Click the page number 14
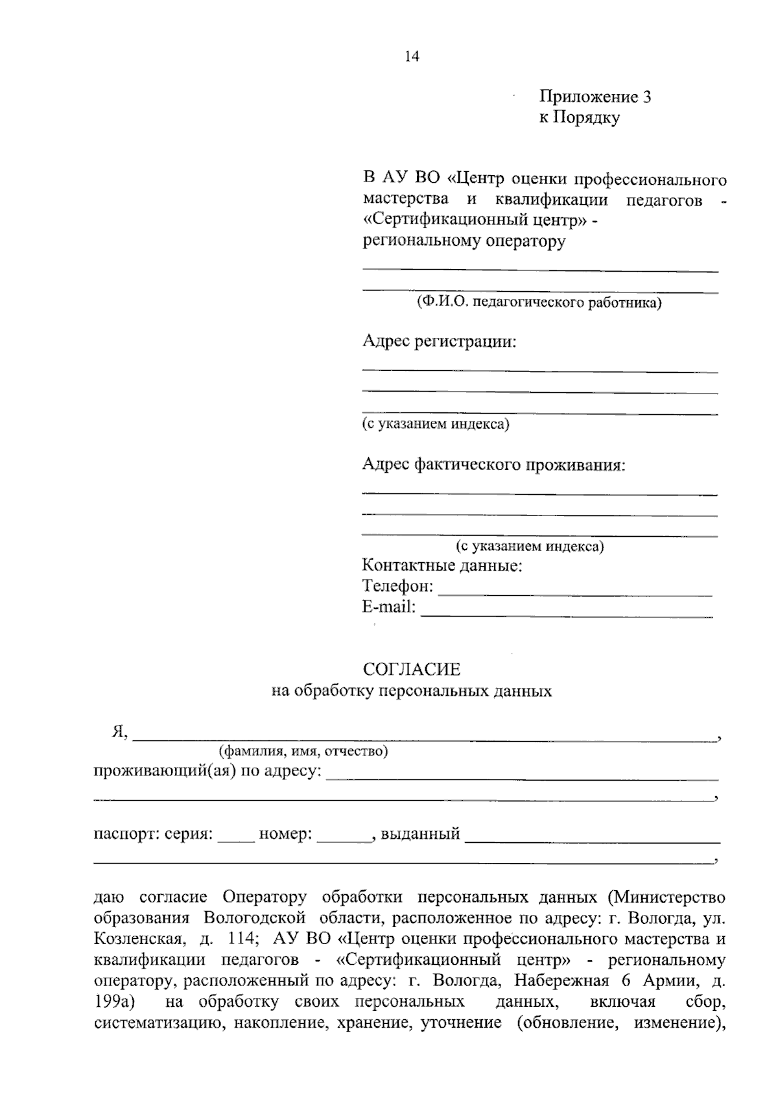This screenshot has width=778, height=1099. pyautogui.click(x=412, y=56)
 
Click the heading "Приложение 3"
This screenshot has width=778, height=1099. pyautogui.click(x=595, y=97)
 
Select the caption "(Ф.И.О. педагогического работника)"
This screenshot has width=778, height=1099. pyautogui.click(x=539, y=303)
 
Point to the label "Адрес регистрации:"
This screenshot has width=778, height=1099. pyautogui.click(x=440, y=341)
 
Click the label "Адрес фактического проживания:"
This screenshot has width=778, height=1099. pyautogui.click(x=494, y=465)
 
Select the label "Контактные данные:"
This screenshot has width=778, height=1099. pyautogui.click(x=442, y=565)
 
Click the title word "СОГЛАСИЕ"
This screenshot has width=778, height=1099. pyautogui.click(x=412, y=668)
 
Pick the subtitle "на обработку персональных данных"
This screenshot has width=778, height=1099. pyautogui.click(x=412, y=691)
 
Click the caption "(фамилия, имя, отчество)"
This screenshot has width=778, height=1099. pyautogui.click(x=303, y=751)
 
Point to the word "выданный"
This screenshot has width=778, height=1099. pyautogui.click(x=420, y=834)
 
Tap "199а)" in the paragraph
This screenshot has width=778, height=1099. pyautogui.click(x=113, y=1002)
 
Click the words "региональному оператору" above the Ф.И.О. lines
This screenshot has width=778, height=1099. pyautogui.click(x=464, y=242)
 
